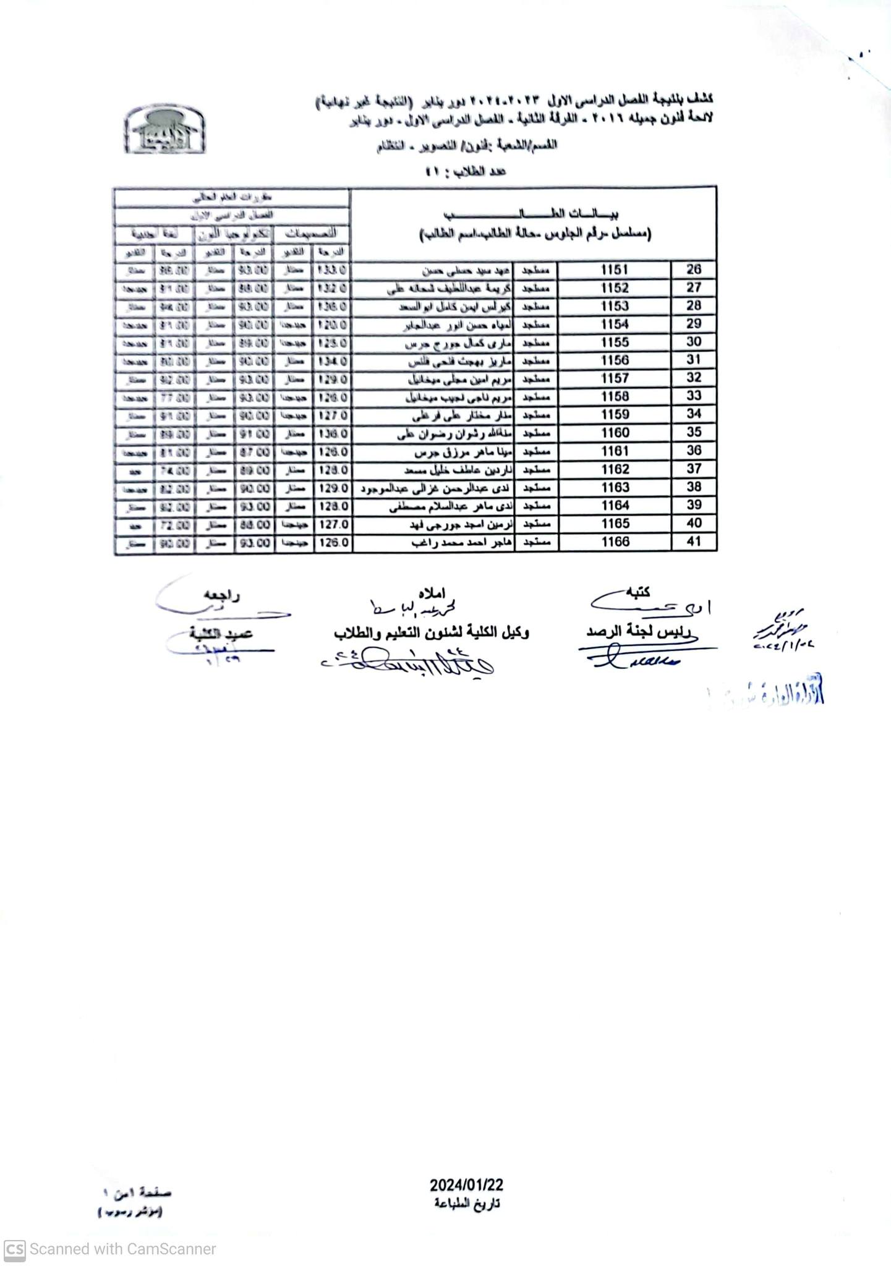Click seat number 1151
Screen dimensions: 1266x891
pyautogui.click(x=615, y=270)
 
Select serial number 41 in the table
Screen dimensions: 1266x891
pyautogui.click(x=694, y=542)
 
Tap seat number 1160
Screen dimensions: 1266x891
pyautogui.click(x=615, y=433)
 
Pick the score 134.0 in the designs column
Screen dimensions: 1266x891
pyautogui.click(x=333, y=361)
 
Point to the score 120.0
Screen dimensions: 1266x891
pyautogui.click(x=333, y=325)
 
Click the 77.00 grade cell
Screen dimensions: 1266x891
pyautogui.click(x=173, y=397)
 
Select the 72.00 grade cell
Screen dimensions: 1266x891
pyautogui.click(x=173, y=525)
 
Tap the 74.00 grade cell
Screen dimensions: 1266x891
pyautogui.click(x=173, y=470)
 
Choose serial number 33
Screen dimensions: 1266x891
pyautogui.click(x=694, y=396)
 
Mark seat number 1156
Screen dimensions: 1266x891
pyautogui.click(x=615, y=360)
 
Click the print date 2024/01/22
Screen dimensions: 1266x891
pyautogui.click(x=467, y=1185)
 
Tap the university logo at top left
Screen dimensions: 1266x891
pyautogui.click(x=165, y=130)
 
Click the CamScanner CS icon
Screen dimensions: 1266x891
pyautogui.click(x=14, y=1249)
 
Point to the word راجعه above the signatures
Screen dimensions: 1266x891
pyautogui.click(x=222, y=596)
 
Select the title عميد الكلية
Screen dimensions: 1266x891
pyautogui.click(x=221, y=634)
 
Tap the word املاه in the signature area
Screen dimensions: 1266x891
pyautogui.click(x=431, y=593)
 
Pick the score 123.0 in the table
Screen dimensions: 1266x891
pyautogui.click(x=333, y=343)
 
